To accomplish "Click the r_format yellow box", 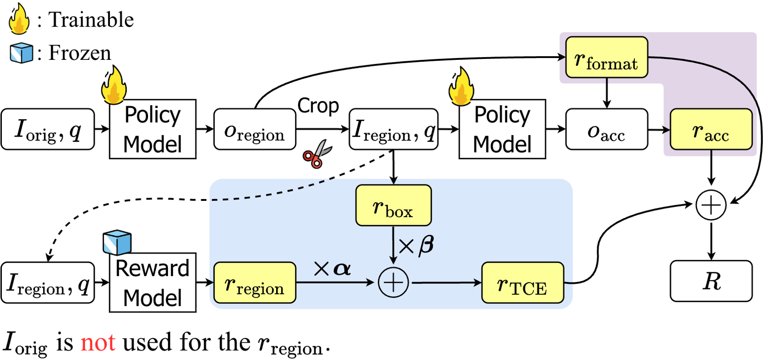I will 606,58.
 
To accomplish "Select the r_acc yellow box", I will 711,129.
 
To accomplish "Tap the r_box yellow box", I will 393,206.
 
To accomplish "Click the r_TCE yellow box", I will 522,283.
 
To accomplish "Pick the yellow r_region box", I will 254,283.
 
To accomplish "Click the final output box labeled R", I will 711,281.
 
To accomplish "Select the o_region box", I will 254,129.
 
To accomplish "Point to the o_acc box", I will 606,129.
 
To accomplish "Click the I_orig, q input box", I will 48,129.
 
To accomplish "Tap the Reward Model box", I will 152,283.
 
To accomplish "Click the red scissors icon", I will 317,154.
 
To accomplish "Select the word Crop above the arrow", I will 318,106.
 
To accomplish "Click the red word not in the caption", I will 97,342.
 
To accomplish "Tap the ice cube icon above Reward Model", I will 117,242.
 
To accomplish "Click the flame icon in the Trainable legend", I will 19,19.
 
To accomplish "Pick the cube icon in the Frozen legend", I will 21,53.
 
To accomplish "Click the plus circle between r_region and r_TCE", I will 393,283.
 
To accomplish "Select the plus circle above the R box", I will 711,205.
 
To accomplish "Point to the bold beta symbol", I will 426,244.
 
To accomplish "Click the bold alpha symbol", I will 343,269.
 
